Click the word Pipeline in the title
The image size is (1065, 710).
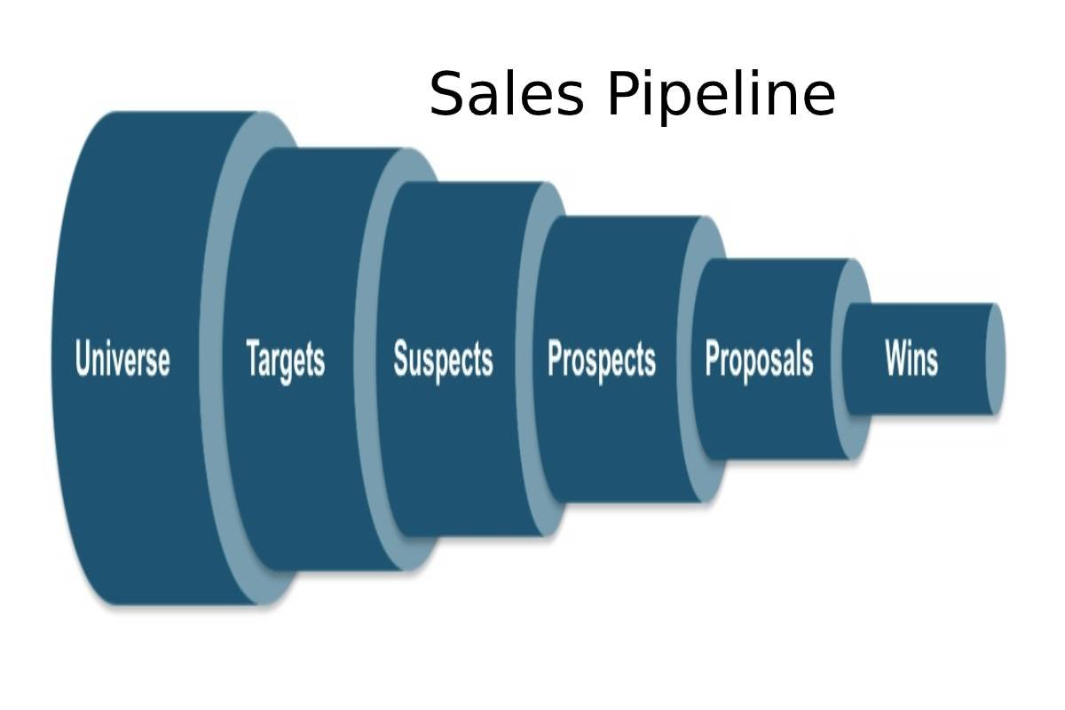pos(722,96)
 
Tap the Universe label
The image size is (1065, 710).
pos(122,359)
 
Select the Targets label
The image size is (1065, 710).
pos(285,360)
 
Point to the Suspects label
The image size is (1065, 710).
pos(443,359)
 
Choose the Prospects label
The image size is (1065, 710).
pos(601,360)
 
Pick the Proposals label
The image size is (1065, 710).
pos(759,359)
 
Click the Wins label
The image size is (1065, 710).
pos(911,359)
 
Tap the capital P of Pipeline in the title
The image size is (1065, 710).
pos(623,94)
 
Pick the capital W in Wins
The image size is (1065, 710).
pos(896,359)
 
